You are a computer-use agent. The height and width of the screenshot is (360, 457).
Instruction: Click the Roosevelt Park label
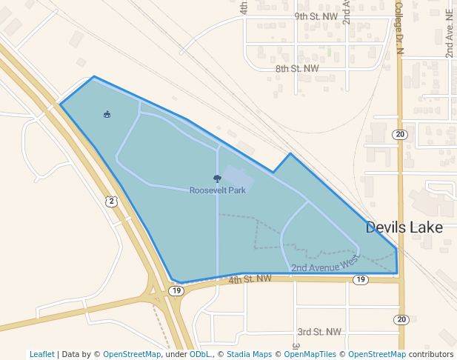click(217, 190)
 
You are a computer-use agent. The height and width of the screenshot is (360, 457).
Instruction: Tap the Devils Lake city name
click(404, 227)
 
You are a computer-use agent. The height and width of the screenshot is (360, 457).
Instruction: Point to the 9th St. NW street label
click(316, 16)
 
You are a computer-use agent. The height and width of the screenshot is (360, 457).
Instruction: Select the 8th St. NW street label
click(297, 68)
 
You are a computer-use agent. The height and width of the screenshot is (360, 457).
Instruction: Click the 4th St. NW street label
click(250, 279)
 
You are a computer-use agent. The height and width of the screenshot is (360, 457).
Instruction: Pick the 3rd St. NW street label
click(319, 332)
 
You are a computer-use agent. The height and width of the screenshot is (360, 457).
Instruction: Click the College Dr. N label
click(398, 27)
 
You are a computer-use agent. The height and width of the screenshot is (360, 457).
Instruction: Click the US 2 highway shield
click(111, 201)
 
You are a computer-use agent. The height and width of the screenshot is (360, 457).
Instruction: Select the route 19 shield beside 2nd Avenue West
click(361, 279)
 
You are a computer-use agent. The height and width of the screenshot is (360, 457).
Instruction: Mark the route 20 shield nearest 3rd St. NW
click(401, 319)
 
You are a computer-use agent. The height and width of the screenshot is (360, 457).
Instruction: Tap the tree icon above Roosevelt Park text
click(217, 179)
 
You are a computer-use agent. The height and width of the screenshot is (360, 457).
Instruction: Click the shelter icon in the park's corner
click(107, 114)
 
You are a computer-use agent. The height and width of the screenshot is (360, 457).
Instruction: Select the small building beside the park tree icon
click(238, 178)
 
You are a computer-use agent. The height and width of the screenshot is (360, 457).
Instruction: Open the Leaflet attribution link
click(41, 354)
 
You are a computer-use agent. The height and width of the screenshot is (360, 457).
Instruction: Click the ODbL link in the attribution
click(200, 354)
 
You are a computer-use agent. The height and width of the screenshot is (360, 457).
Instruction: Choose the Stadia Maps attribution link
click(248, 354)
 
